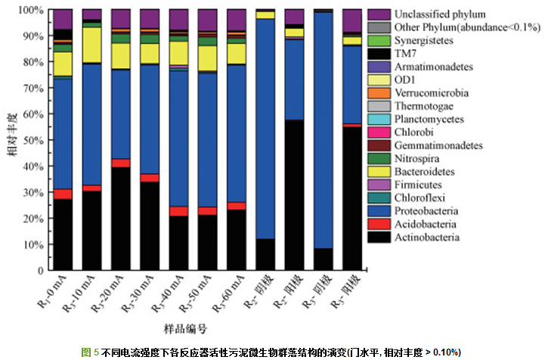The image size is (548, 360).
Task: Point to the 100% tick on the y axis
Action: (x=35, y=11)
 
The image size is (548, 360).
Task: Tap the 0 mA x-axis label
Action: (x=54, y=294)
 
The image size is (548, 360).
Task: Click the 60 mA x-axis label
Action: (x=227, y=296)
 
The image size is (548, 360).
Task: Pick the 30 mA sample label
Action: (x=141, y=296)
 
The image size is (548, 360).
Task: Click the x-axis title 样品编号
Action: (x=185, y=329)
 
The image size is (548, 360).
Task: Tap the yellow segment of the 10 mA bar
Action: (x=92, y=45)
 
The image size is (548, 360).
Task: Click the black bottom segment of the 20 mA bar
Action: (x=121, y=219)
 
